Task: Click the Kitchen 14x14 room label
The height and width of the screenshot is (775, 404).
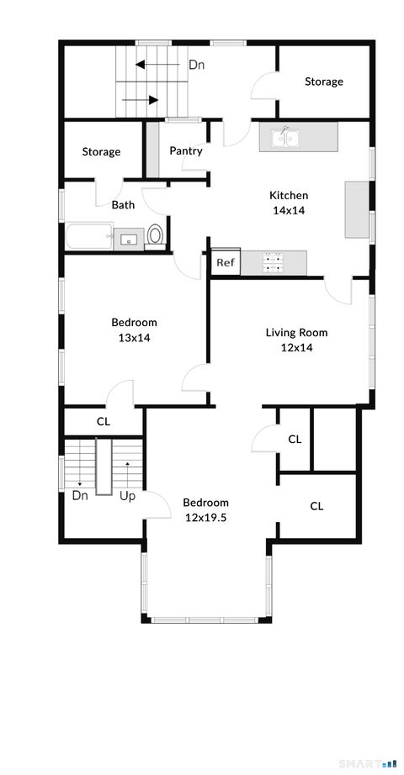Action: (288, 203)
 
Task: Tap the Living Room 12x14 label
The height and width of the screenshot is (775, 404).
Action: (296, 340)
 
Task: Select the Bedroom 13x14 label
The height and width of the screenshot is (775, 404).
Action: (134, 330)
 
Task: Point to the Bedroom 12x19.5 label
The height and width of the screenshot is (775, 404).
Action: (206, 510)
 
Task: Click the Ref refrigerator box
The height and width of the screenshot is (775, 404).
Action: (225, 263)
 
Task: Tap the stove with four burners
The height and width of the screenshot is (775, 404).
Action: (274, 263)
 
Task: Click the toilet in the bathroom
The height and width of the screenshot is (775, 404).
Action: (155, 235)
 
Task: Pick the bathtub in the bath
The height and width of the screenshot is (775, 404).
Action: (89, 236)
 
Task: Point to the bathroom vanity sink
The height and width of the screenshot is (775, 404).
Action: (128, 240)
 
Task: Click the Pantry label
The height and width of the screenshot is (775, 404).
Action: (185, 151)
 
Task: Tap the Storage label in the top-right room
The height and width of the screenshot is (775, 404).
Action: (323, 82)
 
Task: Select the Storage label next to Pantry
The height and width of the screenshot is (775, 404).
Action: (101, 152)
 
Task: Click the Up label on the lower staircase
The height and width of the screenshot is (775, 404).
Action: (128, 496)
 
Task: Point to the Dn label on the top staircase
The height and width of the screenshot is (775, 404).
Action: (196, 64)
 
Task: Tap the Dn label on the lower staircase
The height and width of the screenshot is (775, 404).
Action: (80, 496)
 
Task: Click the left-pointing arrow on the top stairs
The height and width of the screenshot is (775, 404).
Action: (151, 64)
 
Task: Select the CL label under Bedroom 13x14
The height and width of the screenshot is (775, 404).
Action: (104, 422)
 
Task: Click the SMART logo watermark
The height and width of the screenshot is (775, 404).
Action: (366, 763)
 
